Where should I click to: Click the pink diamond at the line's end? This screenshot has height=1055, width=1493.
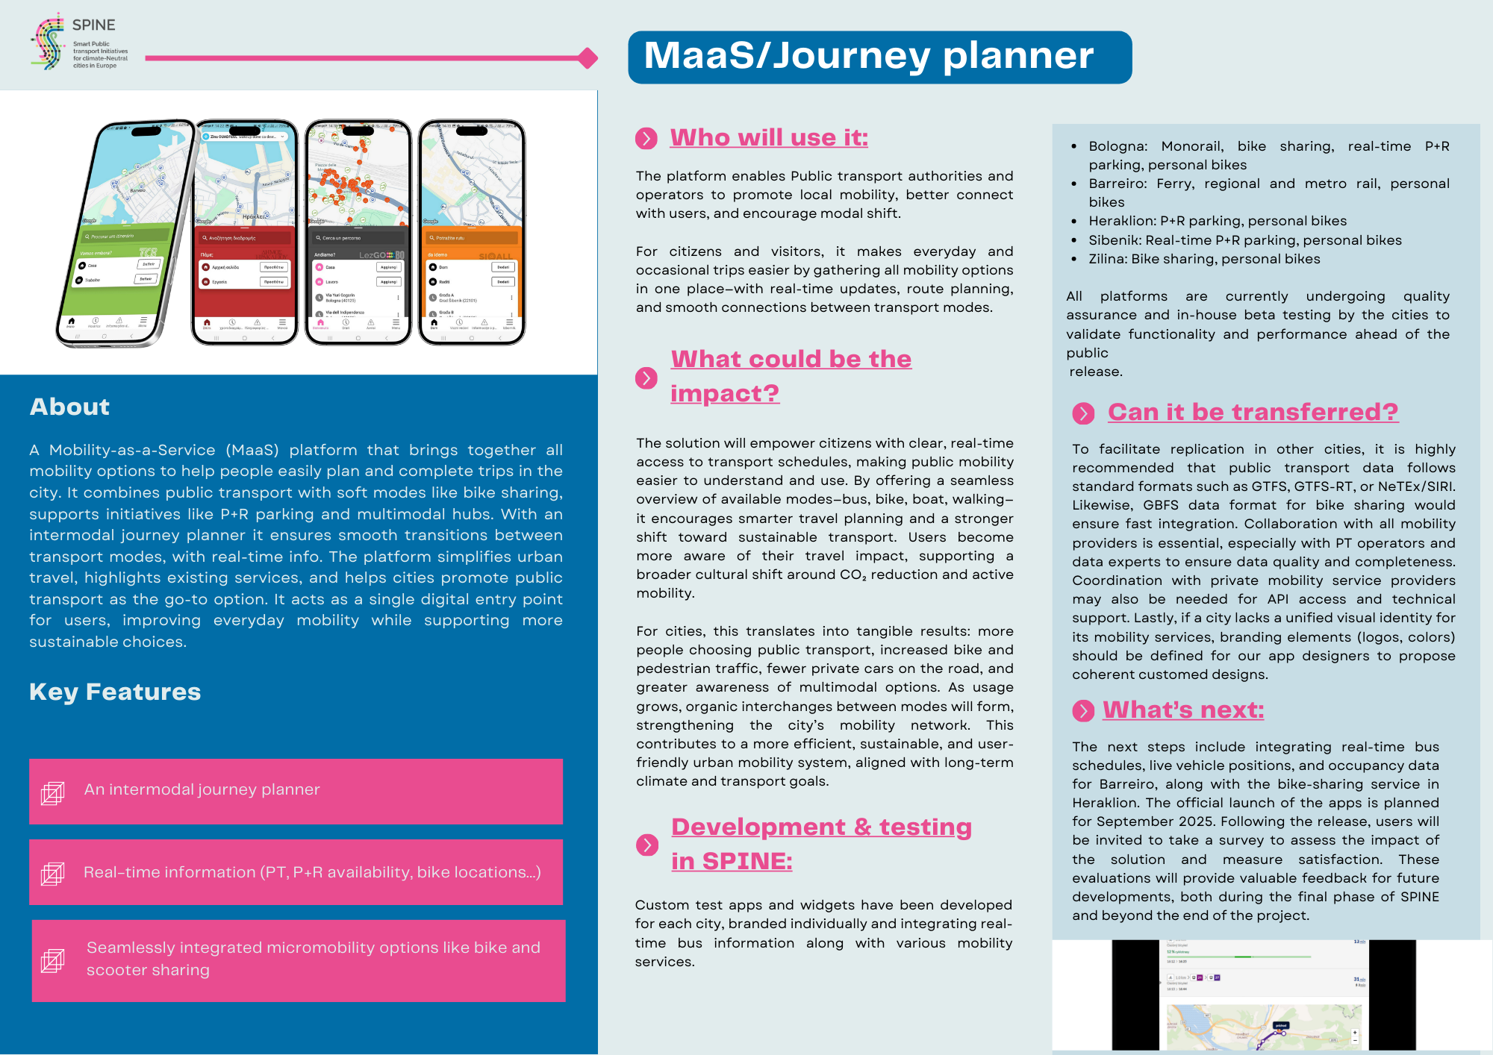tap(588, 57)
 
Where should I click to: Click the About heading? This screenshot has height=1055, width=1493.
tap(69, 407)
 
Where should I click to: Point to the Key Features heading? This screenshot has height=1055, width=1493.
tap(115, 692)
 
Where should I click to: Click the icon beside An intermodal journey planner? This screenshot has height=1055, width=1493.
tap(52, 792)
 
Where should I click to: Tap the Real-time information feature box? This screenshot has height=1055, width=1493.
tap(296, 872)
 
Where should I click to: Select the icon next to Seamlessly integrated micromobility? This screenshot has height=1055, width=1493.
tap(52, 960)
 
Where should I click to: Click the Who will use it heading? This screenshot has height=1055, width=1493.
tap(768, 138)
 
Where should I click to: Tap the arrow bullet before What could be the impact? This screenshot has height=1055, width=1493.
tap(646, 378)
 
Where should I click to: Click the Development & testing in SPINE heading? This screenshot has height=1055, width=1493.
tap(820, 844)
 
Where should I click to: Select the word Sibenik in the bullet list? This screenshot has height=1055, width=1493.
tap(1112, 240)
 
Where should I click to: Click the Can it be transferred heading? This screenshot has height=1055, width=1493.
tap(1253, 412)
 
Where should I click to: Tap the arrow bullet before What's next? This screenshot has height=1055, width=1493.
tap(1083, 711)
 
